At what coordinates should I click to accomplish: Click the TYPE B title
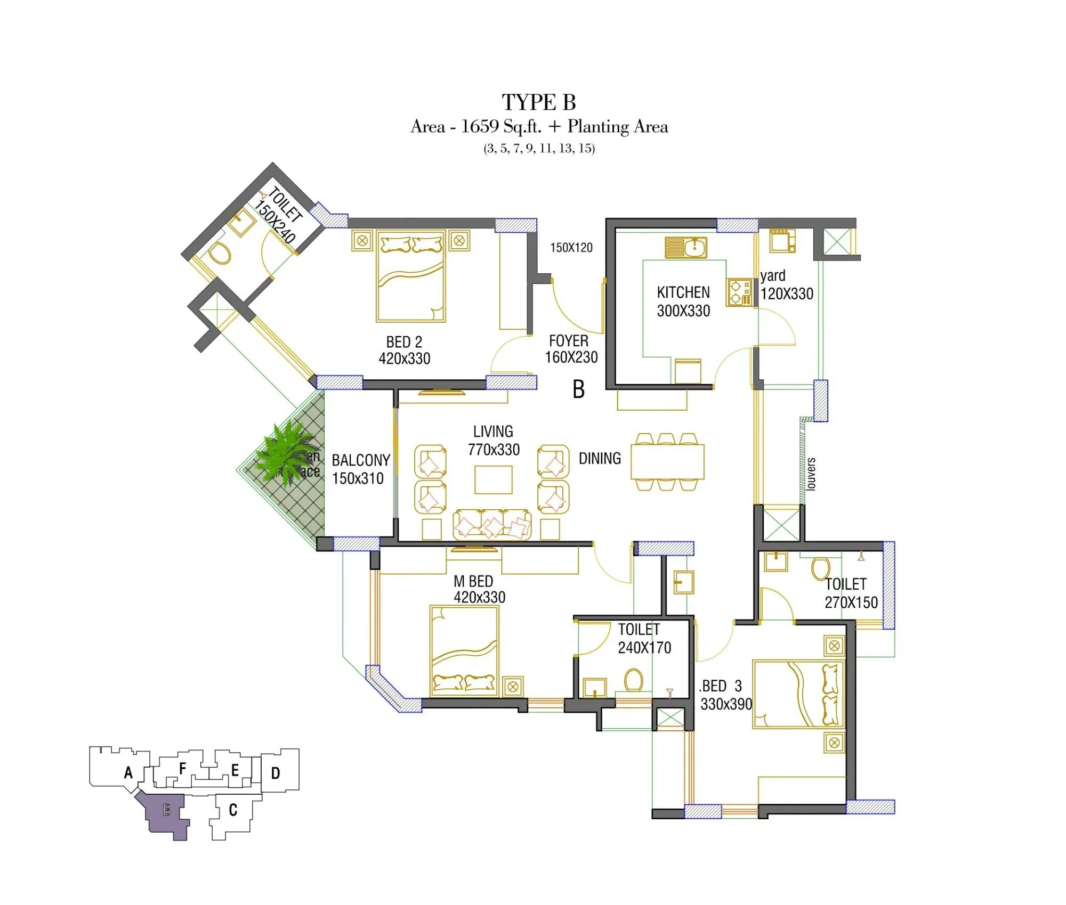[x=538, y=102]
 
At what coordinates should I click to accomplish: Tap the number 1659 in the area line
[x=480, y=126]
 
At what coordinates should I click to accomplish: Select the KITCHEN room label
[x=683, y=292]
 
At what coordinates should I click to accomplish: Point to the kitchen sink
[x=686, y=247]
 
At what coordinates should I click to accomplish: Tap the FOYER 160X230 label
[x=571, y=349]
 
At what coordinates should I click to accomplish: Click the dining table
[x=667, y=461]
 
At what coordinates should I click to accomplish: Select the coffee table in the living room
[x=493, y=479]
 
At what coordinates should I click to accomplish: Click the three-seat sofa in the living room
[x=492, y=525]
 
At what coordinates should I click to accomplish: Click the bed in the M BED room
[x=464, y=651]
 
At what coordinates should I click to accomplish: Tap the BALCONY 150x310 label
[x=360, y=469]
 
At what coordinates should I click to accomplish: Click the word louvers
[x=811, y=474]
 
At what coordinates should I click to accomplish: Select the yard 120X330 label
[x=786, y=285]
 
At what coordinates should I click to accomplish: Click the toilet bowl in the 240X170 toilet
[x=633, y=680]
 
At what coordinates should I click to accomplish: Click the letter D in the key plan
[x=275, y=773]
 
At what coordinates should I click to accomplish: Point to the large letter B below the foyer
[x=578, y=389]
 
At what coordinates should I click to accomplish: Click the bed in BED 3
[x=798, y=695]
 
